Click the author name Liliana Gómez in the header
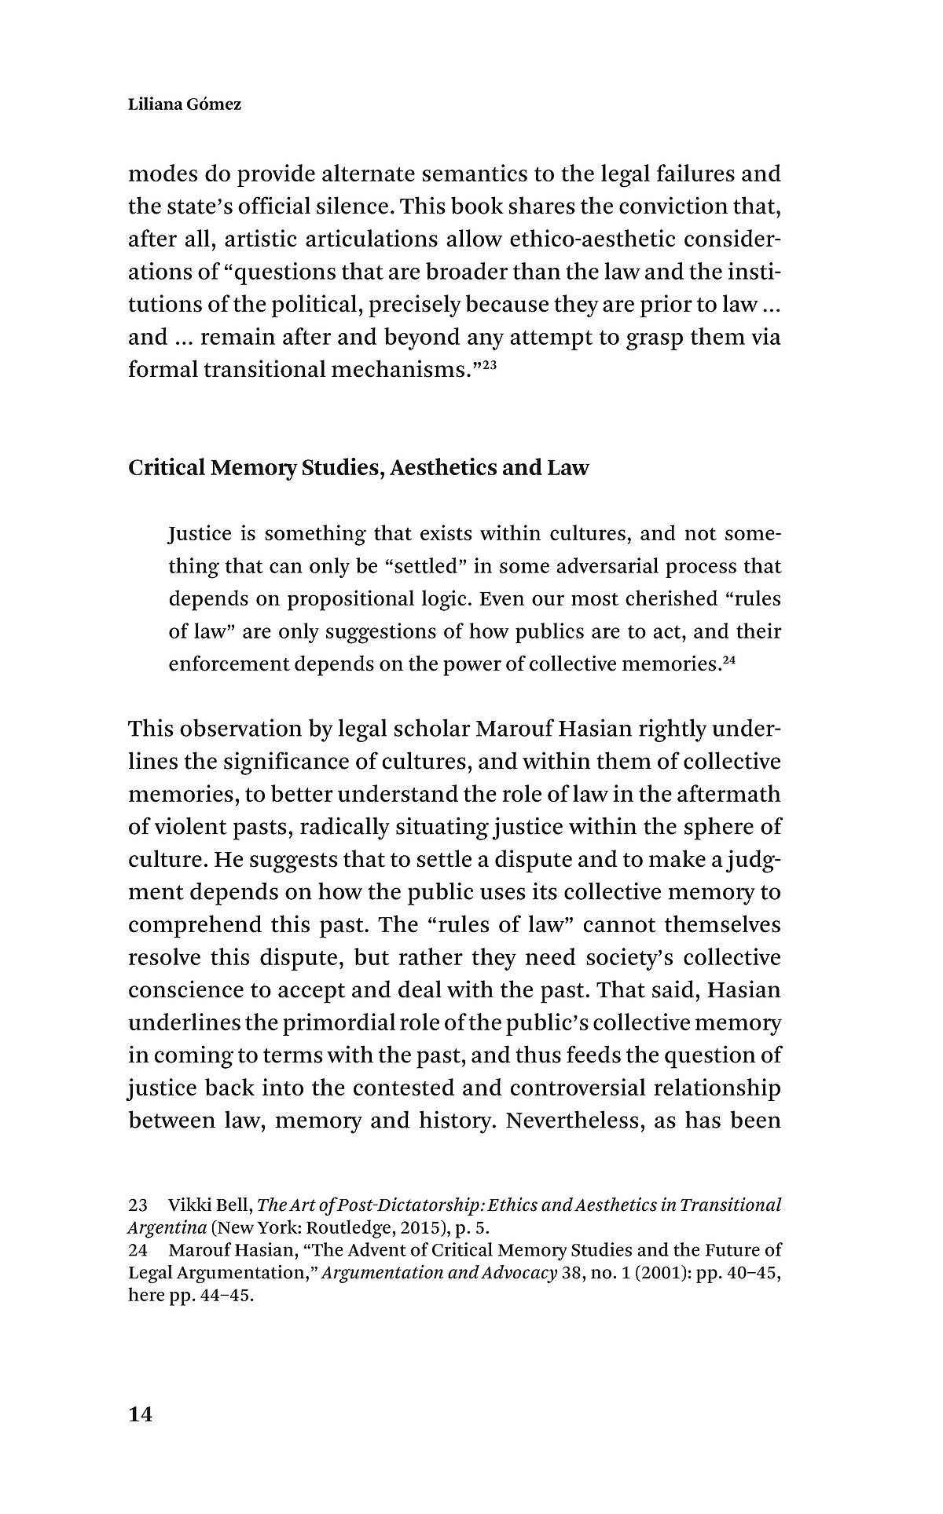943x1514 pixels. [x=185, y=104]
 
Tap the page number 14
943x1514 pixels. [x=140, y=1415]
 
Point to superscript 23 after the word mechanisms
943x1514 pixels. [x=488, y=363]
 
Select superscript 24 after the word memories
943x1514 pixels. [x=728, y=658]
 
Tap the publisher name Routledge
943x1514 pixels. [x=346, y=1228]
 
